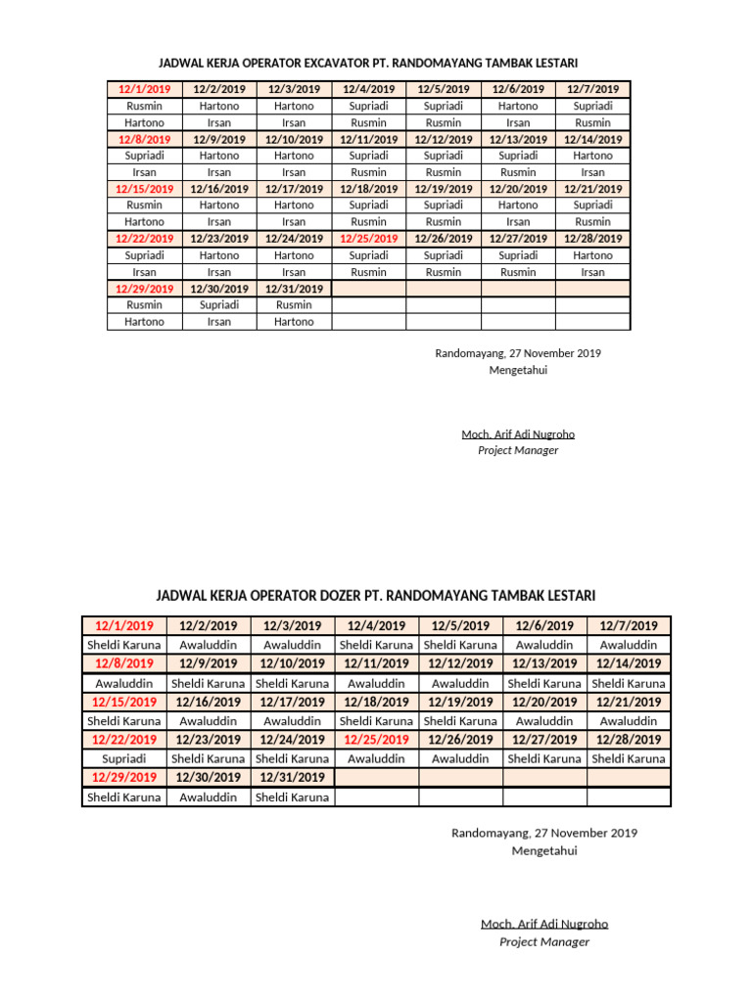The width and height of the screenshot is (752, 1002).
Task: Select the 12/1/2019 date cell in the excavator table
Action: [x=144, y=89]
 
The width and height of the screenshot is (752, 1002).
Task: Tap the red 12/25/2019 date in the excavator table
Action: [x=368, y=238]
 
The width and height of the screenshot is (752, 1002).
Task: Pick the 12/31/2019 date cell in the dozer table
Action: [x=292, y=777]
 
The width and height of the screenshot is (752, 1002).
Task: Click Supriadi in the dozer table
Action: [x=123, y=758]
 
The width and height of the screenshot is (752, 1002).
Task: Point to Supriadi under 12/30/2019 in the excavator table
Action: [x=219, y=304]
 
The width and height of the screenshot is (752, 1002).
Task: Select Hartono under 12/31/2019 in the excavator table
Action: [x=294, y=321]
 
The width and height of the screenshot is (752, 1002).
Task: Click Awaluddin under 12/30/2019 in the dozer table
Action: [x=208, y=797]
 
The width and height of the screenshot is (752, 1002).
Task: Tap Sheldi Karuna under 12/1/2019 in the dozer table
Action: [x=123, y=645]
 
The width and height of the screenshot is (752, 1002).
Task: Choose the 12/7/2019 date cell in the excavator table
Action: [x=593, y=89]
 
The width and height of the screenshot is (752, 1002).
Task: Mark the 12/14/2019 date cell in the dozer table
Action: [x=629, y=663]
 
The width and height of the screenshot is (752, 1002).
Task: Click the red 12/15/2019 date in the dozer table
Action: [x=123, y=702]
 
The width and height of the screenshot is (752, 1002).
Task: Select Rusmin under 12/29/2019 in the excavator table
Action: [x=144, y=304]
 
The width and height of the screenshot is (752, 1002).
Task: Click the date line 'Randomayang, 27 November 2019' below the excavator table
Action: [x=518, y=353]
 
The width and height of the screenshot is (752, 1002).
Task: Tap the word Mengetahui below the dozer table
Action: [x=544, y=850]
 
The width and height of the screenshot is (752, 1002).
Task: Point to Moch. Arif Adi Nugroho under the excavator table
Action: [x=518, y=433]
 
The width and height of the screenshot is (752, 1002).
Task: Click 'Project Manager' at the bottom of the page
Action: [x=544, y=941]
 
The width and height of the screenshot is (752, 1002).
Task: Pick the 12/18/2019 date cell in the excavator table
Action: [x=368, y=189]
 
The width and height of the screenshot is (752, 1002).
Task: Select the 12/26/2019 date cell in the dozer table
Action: [x=460, y=740]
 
